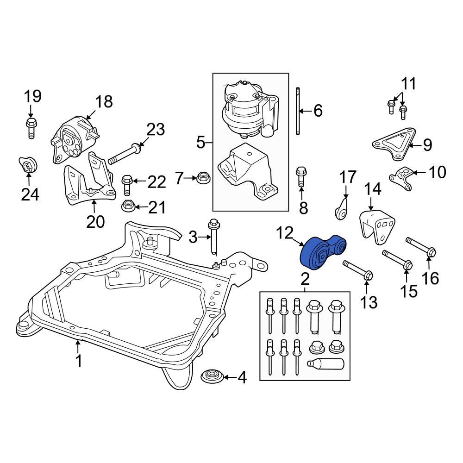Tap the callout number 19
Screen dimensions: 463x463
[32, 96]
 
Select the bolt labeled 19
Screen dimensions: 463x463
[31, 127]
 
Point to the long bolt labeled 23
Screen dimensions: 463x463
[125, 154]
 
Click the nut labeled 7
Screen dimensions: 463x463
[202, 177]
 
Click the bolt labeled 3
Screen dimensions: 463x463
[213, 236]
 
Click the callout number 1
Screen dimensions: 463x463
[79, 360]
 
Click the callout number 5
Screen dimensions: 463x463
[200, 142]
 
